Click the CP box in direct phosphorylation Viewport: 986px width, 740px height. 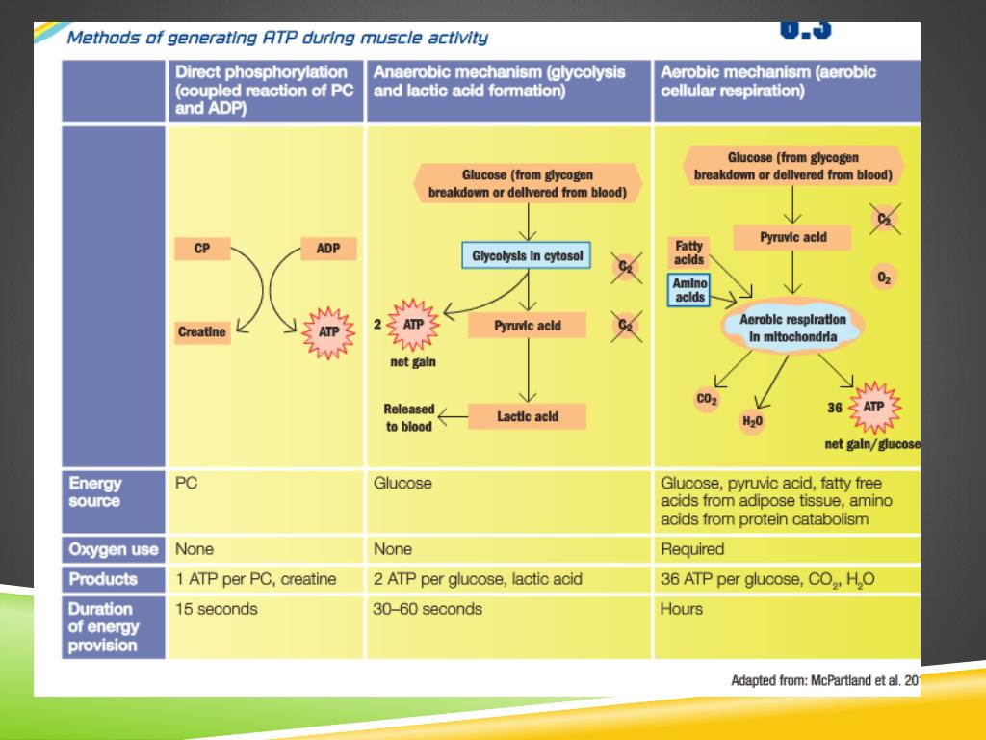pyautogui.click(x=202, y=249)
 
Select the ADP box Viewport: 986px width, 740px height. pyautogui.click(x=328, y=249)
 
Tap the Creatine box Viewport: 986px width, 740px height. pyautogui.click(x=202, y=332)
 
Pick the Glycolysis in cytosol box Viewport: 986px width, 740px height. pyautogui.click(x=527, y=256)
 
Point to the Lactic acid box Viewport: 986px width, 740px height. pyautogui.click(x=528, y=416)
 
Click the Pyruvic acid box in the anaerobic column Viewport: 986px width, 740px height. pyautogui.click(x=528, y=326)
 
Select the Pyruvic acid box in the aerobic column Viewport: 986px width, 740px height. pyautogui.click(x=792, y=237)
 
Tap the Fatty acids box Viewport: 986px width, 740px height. pyautogui.click(x=689, y=252)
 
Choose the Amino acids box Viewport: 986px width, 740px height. pyautogui.click(x=689, y=290)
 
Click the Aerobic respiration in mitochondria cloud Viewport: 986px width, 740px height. pyautogui.click(x=792, y=329)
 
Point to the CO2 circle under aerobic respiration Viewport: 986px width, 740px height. pyautogui.click(x=707, y=399)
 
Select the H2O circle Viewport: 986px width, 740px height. pyautogui.click(x=751, y=420)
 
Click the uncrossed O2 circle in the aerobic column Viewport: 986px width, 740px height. pyautogui.click(x=884, y=277)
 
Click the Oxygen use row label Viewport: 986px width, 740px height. pyautogui.click(x=114, y=549)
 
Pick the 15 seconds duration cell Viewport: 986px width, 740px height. pyautogui.click(x=217, y=609)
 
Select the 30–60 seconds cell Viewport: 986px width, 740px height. pyautogui.click(x=428, y=609)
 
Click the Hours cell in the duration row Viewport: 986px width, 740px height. pyautogui.click(x=682, y=609)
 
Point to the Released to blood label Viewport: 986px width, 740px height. pyautogui.click(x=409, y=417)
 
